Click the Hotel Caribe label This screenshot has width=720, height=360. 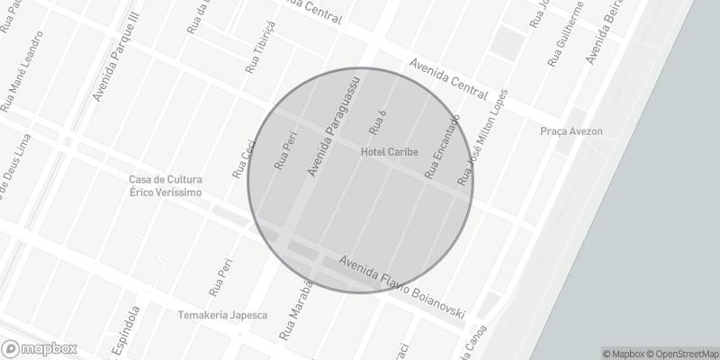[x=390, y=153]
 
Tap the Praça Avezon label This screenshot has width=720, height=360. [x=571, y=131]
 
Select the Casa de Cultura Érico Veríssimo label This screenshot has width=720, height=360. [x=165, y=186]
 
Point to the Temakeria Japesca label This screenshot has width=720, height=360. [x=222, y=315]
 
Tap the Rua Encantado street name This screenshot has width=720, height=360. [x=442, y=146]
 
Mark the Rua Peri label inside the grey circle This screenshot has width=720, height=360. [x=285, y=149]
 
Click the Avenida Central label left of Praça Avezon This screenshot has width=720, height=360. [x=448, y=79]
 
